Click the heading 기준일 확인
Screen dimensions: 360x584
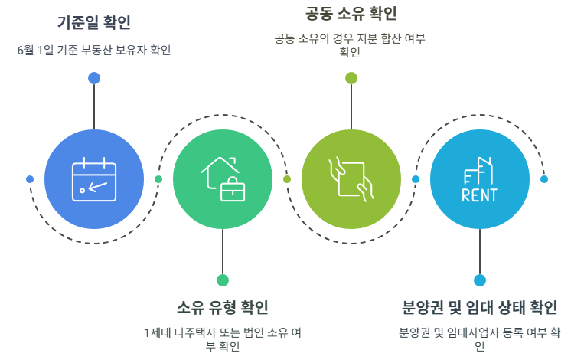click(93, 23)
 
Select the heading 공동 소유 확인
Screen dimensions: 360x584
click(351, 13)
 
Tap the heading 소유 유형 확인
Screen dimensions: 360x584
click(223, 308)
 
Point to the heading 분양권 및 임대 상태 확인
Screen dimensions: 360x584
click(480, 308)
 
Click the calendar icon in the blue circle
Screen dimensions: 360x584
click(94, 179)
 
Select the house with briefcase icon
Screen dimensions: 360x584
click(222, 178)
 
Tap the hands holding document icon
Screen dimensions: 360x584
click(351, 178)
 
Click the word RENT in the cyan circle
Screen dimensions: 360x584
click(480, 195)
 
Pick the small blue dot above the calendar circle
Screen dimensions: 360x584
click(94, 77)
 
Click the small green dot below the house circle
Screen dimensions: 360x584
click(223, 280)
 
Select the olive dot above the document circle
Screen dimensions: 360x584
click(351, 77)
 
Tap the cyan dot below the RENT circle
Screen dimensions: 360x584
click(480, 280)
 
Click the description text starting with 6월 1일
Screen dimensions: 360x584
click(93, 51)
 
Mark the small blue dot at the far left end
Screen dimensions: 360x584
click(30, 179)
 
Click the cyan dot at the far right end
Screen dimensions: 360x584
click(544, 179)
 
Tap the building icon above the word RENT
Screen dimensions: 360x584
click(480, 169)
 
